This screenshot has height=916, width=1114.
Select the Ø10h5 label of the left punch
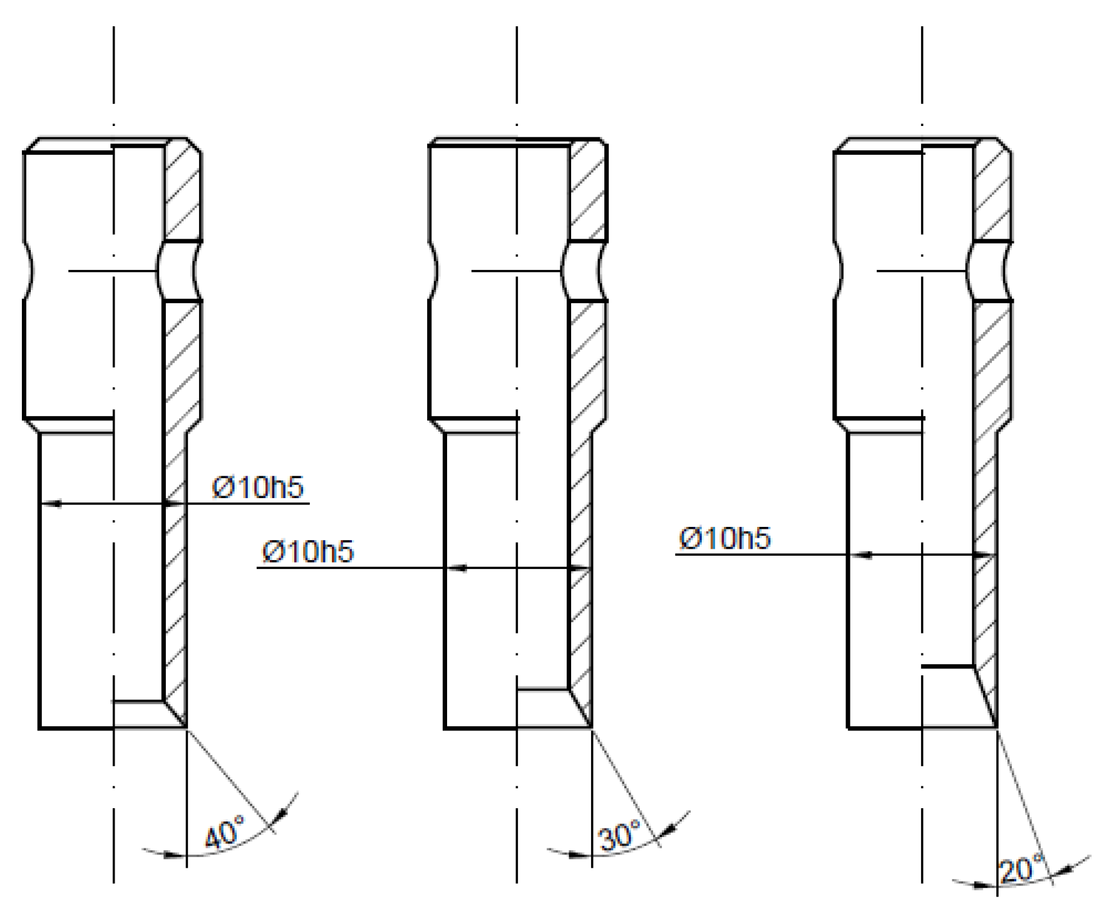[258, 487]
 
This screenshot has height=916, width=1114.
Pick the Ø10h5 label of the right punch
[725, 539]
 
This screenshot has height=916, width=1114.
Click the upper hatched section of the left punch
[183, 191]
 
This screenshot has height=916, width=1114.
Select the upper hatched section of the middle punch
[587, 191]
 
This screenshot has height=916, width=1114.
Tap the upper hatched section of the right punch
[993, 191]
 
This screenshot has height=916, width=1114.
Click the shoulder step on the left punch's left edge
[31, 425]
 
